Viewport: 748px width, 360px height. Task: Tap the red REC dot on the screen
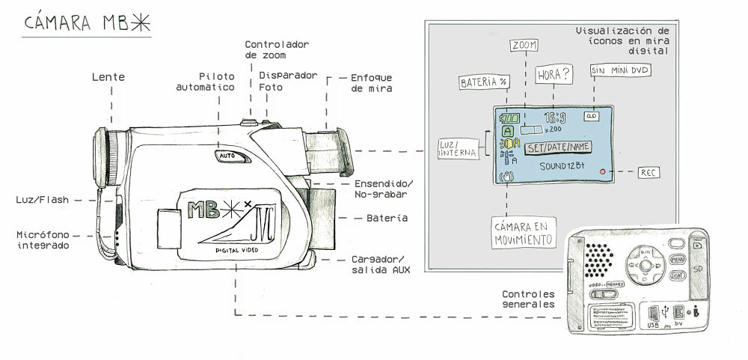[x=601, y=171]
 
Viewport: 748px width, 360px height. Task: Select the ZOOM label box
[x=524, y=46]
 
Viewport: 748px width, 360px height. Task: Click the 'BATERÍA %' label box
[x=483, y=81]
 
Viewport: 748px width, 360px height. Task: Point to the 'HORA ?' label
[x=554, y=75]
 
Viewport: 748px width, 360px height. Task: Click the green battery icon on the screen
[x=510, y=118]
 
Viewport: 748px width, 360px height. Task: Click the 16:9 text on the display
[x=555, y=118]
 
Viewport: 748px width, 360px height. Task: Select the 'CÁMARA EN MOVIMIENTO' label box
[x=524, y=233]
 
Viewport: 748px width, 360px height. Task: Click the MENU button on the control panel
[x=678, y=259]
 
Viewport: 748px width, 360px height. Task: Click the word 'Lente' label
[x=108, y=77]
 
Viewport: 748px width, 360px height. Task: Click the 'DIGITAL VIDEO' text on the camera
[x=237, y=249]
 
